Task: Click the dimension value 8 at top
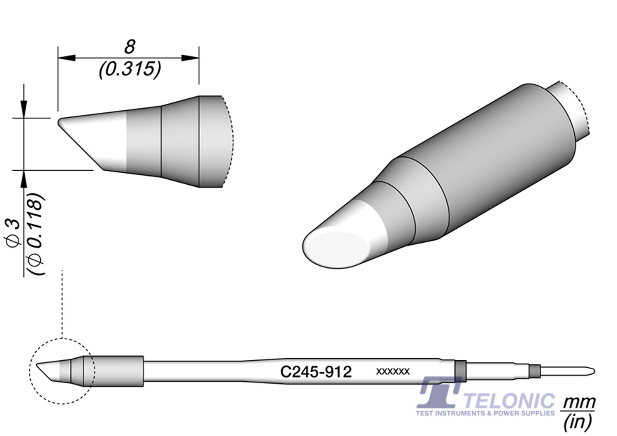130,47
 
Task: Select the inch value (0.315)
130,70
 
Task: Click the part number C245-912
315,372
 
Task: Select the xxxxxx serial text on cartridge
393,372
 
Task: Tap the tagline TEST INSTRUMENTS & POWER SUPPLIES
485,413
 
